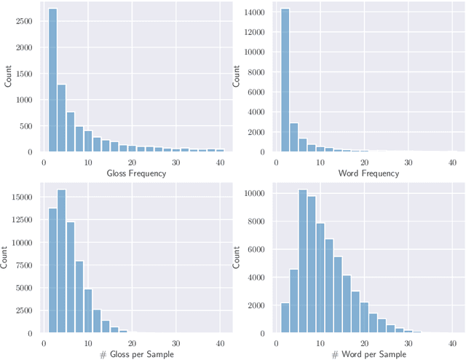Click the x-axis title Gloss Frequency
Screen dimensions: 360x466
pos(136,173)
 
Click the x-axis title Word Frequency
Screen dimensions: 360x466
pos(368,173)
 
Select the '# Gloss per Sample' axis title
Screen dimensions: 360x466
pos(136,354)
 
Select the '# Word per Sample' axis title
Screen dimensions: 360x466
pos(368,354)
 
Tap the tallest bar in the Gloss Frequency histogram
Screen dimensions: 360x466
pos(52,80)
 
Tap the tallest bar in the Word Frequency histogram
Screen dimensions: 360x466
pos(283,80)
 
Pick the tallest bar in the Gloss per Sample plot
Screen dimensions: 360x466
pos(61,262)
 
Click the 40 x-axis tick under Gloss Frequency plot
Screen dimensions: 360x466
pos(220,162)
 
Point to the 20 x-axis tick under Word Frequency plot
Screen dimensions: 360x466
pos(363,162)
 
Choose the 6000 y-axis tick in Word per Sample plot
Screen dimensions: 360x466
pos(256,249)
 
